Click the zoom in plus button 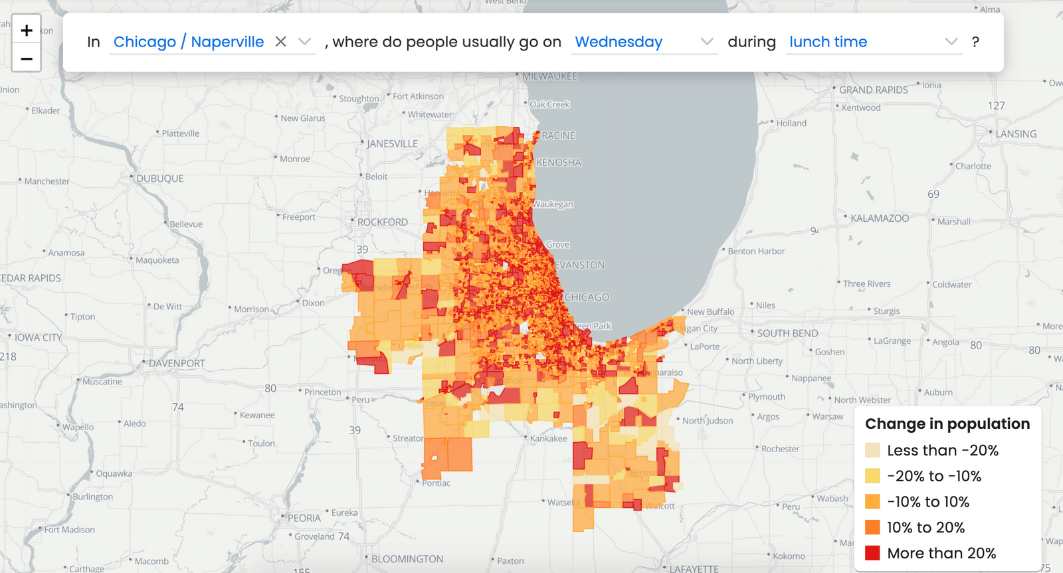(x=27, y=31)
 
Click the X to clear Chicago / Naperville (x=281, y=42)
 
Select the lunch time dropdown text (x=828, y=42)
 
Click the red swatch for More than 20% (x=872, y=553)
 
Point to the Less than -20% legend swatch (x=872, y=450)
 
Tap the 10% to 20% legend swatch (x=872, y=527)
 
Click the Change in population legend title (x=947, y=424)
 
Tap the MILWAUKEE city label (x=549, y=76)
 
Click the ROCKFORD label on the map (x=382, y=222)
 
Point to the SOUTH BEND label (x=787, y=333)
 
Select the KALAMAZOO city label (x=879, y=218)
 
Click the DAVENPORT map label (x=177, y=364)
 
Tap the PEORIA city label (x=304, y=518)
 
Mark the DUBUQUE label (x=159, y=179)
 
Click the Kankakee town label (x=548, y=438)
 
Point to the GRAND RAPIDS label (x=873, y=90)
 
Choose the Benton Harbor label (x=756, y=251)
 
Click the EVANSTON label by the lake (x=579, y=265)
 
